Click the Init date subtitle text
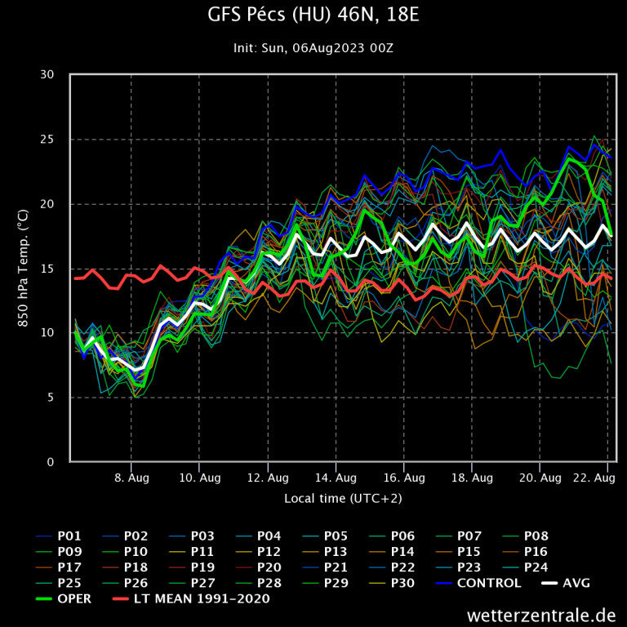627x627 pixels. (313, 48)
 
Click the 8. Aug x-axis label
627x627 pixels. (131, 478)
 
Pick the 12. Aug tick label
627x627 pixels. (268, 478)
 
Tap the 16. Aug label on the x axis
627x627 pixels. (403, 478)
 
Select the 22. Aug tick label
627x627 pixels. (594, 478)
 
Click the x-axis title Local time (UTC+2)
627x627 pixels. (343, 498)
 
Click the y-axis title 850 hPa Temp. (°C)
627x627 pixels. (24, 269)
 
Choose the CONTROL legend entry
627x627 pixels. (488, 583)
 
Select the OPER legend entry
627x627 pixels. (77, 598)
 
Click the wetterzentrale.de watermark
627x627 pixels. (541, 614)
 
